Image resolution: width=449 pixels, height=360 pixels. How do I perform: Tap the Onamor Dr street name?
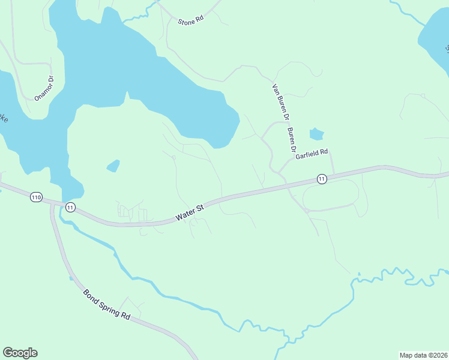point(44,88)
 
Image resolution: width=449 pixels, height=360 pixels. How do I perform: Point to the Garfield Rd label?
point(312,154)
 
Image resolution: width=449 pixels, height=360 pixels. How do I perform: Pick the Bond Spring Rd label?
point(107,305)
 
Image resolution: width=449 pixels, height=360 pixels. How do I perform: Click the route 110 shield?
point(37,197)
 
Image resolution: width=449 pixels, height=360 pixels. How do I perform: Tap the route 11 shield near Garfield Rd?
point(322,179)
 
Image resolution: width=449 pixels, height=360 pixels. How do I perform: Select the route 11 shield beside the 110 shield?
point(71,208)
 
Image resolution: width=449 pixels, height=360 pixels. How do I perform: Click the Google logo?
point(20,353)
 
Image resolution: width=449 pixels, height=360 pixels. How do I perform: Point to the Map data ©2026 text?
point(423,355)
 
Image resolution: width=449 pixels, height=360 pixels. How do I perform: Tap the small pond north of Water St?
point(113,166)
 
